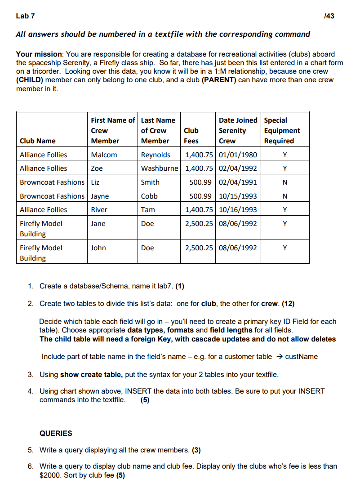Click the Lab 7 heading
tap(25, 16)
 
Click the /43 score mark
tap(329, 16)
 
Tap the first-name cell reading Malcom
tap(104, 155)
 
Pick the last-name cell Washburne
tap(160, 168)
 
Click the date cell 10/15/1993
tap(237, 196)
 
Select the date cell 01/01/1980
tap(237, 155)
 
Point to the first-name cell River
tap(99, 210)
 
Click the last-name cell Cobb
tap(149, 196)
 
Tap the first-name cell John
tap(98, 248)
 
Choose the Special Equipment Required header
tap(282, 130)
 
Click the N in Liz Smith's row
tap(284, 182)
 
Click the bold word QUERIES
tap(56, 434)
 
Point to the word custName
tap(301, 357)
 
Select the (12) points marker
tap(288, 304)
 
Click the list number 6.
tap(30, 466)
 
